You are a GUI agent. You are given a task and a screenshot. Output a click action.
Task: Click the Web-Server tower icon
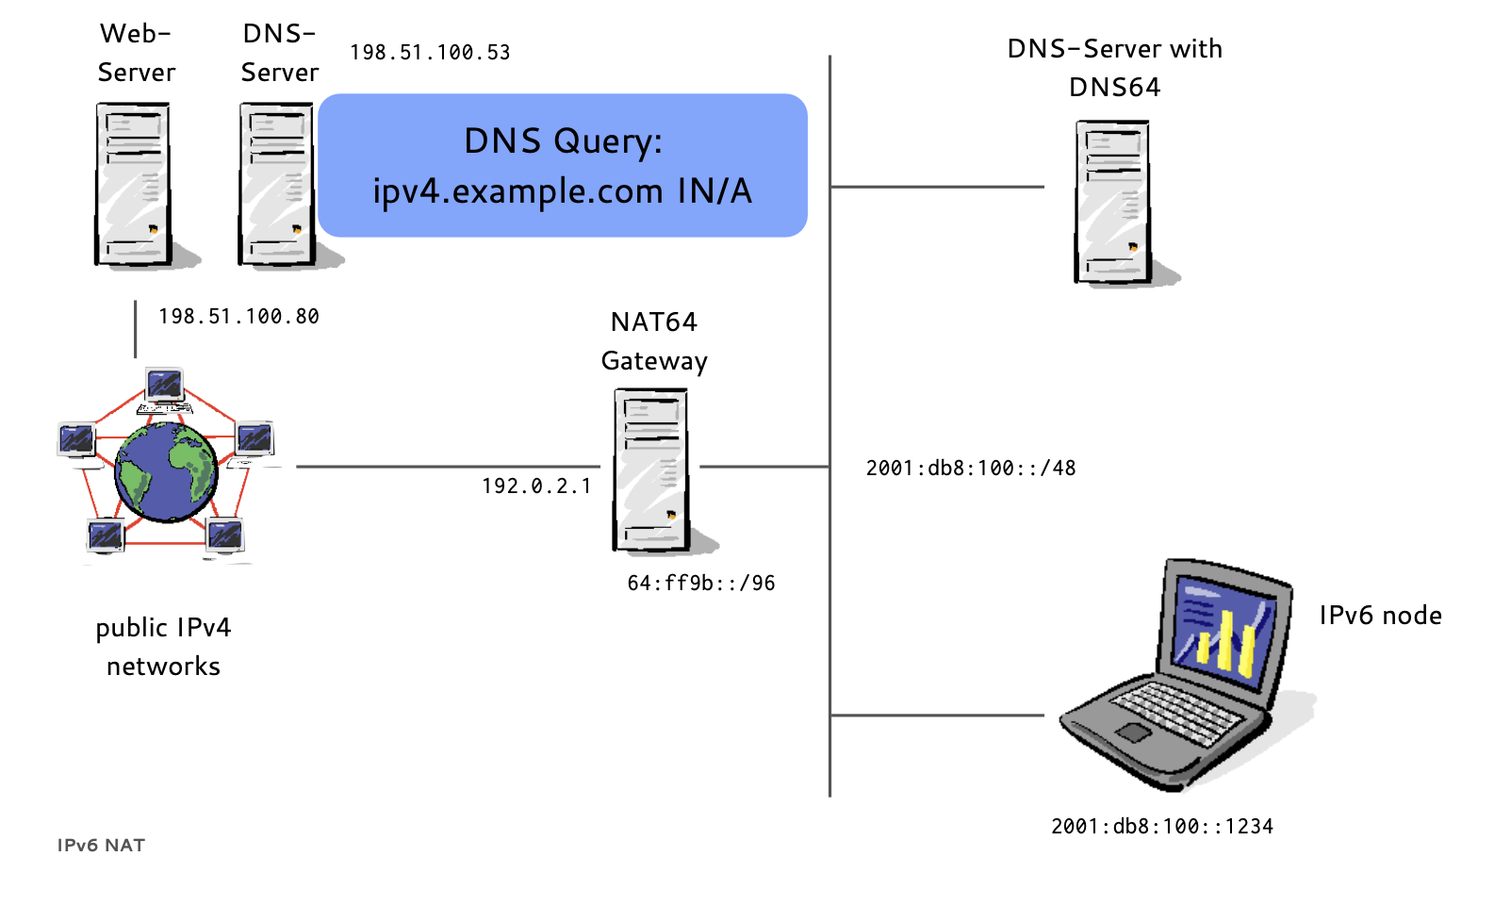coord(134,184)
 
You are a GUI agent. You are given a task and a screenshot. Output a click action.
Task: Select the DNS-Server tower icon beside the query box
coord(277,184)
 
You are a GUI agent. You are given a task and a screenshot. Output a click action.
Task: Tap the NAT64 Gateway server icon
coord(651,469)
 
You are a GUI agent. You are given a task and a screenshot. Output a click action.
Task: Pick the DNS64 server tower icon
coord(1113,202)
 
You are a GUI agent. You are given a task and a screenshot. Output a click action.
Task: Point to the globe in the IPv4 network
coord(167,472)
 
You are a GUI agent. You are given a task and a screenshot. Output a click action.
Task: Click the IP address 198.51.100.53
coord(430,53)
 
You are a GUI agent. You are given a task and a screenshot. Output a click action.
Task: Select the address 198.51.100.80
coord(238,317)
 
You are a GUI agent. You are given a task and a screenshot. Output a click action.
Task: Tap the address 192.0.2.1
coord(536,486)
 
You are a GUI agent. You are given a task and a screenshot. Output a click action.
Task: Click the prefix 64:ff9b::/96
coord(701,584)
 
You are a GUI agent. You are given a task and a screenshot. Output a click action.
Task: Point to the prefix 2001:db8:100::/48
coord(971,469)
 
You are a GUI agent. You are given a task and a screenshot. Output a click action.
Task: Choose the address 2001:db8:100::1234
coord(1162,827)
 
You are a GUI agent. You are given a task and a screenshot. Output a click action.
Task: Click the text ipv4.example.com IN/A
coord(563,191)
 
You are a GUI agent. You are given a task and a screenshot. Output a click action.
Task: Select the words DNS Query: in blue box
coord(563,141)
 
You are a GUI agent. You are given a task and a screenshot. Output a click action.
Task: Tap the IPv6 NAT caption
coord(101,846)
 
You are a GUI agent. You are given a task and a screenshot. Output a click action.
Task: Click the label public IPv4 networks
coord(163,647)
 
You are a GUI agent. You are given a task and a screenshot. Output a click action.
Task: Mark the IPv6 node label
coord(1380,616)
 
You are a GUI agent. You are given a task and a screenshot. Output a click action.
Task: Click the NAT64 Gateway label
coord(654,341)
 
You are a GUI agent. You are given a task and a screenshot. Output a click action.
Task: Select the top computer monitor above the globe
coord(165,386)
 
